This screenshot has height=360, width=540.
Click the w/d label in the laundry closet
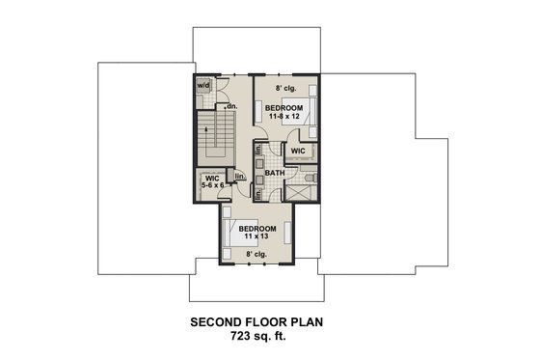point(203,85)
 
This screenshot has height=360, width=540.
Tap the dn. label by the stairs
point(231,106)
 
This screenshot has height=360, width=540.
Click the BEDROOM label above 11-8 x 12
point(286,106)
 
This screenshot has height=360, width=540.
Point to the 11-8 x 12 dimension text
point(286,116)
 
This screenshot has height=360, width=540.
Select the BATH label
point(274,175)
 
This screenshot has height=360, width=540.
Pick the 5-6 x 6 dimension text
point(212,186)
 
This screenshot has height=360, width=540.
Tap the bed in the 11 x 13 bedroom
point(230,233)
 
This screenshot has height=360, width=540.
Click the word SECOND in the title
point(209,323)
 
